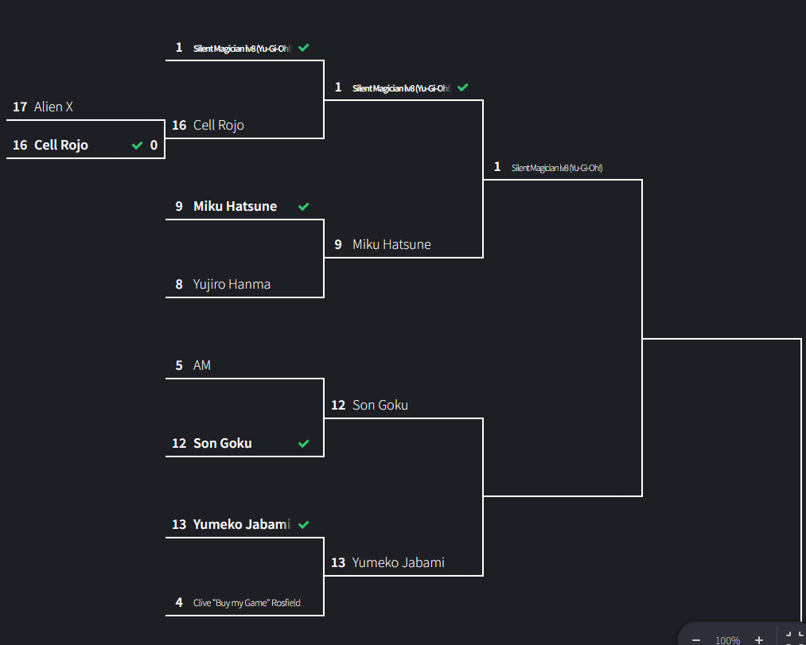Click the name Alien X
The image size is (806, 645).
coord(53,107)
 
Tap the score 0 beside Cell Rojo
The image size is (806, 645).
coord(154,146)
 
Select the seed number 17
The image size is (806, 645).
coord(20,107)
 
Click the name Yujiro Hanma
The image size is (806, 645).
coord(232,284)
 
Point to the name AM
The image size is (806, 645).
coord(202,365)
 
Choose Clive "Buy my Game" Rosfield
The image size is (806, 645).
coord(247,603)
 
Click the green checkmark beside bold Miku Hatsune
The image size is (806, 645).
coord(303,207)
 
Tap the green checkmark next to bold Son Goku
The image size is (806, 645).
coord(303,444)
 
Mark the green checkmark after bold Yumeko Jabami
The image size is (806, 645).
coord(303,525)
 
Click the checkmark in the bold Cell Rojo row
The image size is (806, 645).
coord(137,146)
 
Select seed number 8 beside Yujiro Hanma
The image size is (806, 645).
coord(179,284)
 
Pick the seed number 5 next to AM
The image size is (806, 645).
coord(179,365)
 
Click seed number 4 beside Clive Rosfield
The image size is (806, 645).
coord(179,602)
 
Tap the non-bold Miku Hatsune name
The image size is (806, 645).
coord(391,244)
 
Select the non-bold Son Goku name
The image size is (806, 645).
coord(380,405)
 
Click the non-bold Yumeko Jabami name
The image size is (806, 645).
coord(399,562)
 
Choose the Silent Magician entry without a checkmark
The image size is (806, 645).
coord(557,168)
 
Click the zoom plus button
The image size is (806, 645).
coord(759,639)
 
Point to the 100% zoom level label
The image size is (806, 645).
coord(727,639)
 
